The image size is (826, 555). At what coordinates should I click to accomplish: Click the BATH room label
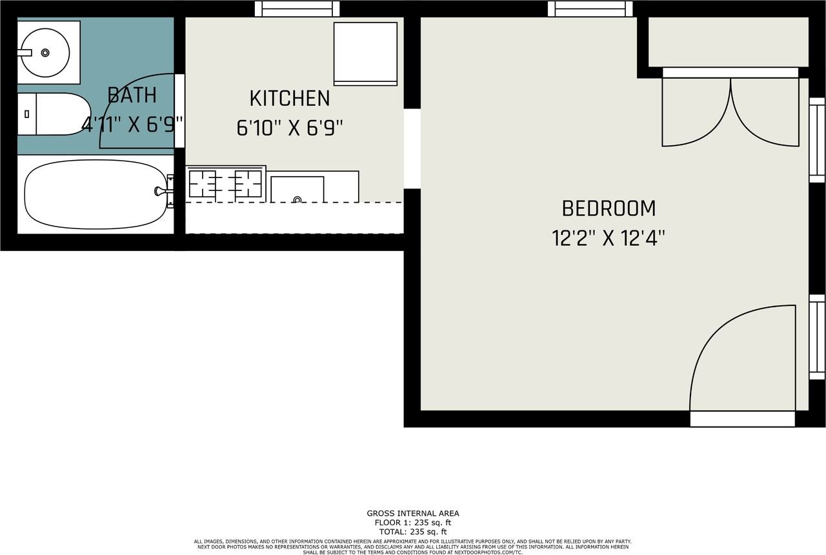click(132, 96)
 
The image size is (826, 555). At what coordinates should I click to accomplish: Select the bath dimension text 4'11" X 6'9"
click(133, 124)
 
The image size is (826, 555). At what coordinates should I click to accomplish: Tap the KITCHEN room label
click(289, 99)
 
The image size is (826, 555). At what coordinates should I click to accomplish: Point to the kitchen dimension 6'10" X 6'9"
click(289, 128)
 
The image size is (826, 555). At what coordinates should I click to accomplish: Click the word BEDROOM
click(609, 208)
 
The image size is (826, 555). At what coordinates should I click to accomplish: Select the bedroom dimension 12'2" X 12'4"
click(609, 239)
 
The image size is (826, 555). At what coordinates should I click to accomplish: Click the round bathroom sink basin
click(44, 52)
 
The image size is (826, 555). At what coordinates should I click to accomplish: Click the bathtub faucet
click(161, 190)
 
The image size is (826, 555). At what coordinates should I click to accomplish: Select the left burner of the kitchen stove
click(202, 183)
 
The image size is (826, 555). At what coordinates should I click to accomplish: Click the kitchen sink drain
click(297, 199)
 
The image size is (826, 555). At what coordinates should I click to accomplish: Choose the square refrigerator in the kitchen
click(365, 53)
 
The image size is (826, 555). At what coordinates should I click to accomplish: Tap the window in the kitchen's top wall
click(297, 8)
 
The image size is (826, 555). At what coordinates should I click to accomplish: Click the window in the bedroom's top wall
click(590, 8)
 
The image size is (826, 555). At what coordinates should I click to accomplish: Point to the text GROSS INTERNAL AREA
click(413, 514)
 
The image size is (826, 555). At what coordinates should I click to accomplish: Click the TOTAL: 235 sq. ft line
click(413, 531)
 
